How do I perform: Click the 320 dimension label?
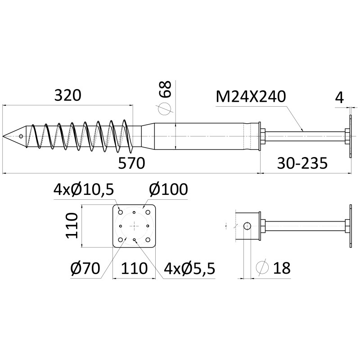tap(67, 96)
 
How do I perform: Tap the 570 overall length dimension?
tap(131, 163)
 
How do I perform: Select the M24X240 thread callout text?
tap(251, 97)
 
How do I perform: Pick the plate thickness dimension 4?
tap(339, 97)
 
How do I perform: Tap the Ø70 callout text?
tap(85, 269)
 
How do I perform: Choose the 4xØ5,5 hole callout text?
tap(189, 269)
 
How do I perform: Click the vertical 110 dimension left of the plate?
tap(72, 226)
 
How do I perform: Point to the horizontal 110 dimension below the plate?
tap(134, 269)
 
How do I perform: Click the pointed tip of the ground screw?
tap(4, 136)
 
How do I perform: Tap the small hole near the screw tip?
tap(21, 136)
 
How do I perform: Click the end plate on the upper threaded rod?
tap(349, 136)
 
